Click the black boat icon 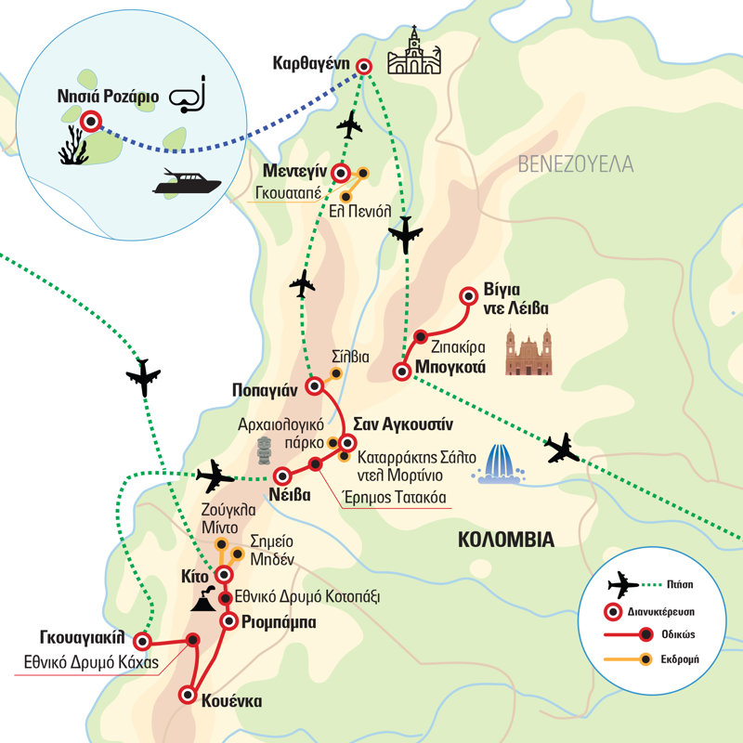[x=185, y=182]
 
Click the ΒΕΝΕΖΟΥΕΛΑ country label [x=576, y=165]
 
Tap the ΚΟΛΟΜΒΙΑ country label [x=506, y=540]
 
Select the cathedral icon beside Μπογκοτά [x=529, y=353]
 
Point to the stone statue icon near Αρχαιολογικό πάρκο [x=266, y=450]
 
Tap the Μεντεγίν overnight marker [x=341, y=173]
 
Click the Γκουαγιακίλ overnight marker [x=142, y=641]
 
